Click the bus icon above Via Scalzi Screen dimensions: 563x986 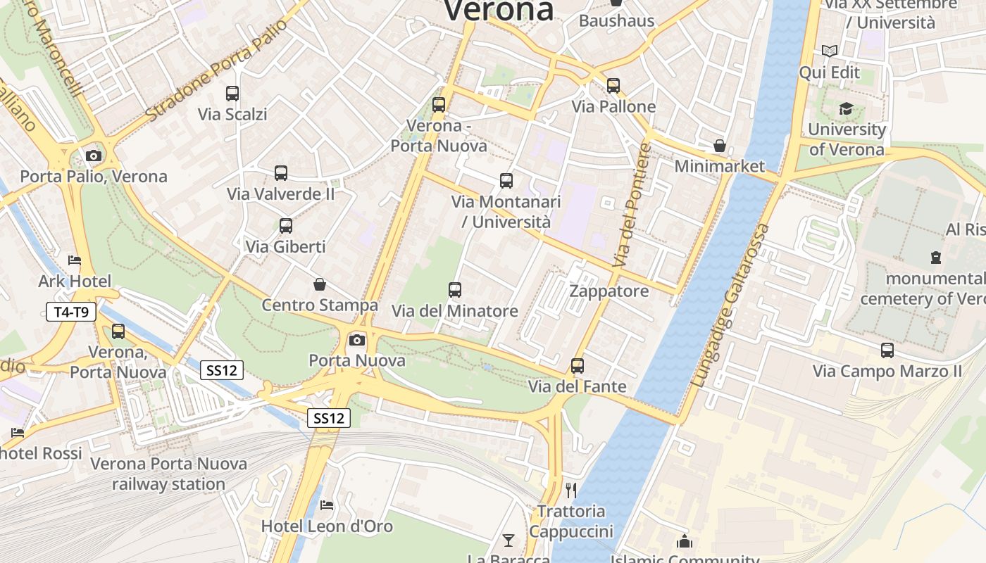click(x=232, y=93)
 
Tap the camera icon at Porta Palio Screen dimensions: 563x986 click(x=93, y=156)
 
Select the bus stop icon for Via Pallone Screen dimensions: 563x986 click(x=613, y=86)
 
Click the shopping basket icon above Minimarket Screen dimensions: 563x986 click(x=720, y=146)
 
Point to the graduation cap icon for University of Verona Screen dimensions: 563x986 click(x=846, y=109)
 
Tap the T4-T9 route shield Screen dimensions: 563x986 click(x=71, y=312)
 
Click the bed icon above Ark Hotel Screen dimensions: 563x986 click(x=75, y=260)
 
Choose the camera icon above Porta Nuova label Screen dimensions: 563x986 click(x=357, y=341)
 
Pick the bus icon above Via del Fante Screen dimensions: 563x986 click(x=578, y=365)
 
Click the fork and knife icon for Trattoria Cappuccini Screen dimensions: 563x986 click(x=571, y=490)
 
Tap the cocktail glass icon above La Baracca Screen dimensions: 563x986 click(x=508, y=540)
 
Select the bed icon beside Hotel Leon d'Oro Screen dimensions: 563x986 click(x=327, y=505)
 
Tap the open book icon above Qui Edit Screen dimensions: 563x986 click(x=830, y=51)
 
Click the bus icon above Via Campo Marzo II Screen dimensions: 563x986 click(x=887, y=350)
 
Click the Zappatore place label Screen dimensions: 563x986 click(x=609, y=291)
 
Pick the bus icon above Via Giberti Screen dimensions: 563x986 click(x=286, y=226)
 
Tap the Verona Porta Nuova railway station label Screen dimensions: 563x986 click(x=169, y=474)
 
